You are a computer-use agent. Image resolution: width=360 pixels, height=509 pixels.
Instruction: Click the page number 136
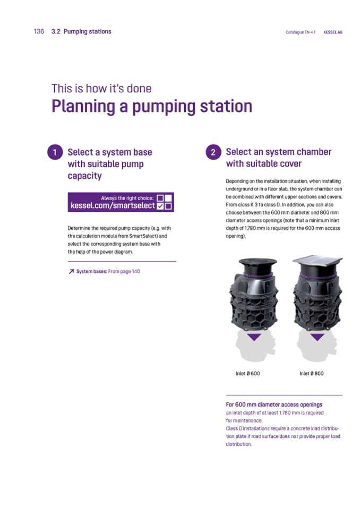point(39,31)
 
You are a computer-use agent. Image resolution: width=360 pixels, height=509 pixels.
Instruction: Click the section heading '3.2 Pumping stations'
point(81,31)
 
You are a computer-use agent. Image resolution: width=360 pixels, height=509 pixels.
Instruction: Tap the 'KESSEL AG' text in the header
point(333,32)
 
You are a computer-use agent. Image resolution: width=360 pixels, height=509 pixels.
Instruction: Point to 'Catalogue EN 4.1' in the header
point(301,32)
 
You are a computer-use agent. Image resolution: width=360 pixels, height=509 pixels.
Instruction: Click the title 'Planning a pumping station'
point(152,107)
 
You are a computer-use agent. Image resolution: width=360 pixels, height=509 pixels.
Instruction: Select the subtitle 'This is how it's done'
point(101,88)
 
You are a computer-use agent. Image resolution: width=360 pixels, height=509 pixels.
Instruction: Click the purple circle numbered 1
point(55,152)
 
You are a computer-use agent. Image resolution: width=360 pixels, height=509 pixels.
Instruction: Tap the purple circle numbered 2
point(213,152)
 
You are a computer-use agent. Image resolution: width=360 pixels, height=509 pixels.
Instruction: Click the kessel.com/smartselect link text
point(113,205)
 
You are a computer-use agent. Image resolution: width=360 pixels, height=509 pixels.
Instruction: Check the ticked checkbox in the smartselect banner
point(160,206)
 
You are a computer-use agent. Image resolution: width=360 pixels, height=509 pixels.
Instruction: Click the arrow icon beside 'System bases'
point(71,271)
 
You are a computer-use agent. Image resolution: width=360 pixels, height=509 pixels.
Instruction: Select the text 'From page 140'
point(124,271)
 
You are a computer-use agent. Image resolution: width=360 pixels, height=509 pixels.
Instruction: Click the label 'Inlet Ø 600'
point(247,373)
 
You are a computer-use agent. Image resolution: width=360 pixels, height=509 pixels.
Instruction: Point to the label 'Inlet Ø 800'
point(311,373)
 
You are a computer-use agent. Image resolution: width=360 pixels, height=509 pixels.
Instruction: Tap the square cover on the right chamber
point(318,260)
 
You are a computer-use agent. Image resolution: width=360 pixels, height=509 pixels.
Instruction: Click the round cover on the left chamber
point(258,262)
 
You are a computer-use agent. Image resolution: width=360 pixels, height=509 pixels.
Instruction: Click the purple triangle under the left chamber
point(254,337)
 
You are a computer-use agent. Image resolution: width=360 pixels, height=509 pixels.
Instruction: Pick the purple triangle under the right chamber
point(317,337)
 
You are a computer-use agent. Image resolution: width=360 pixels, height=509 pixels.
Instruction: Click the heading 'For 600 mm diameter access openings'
point(274,404)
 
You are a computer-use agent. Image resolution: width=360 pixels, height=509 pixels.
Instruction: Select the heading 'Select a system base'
point(110,152)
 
